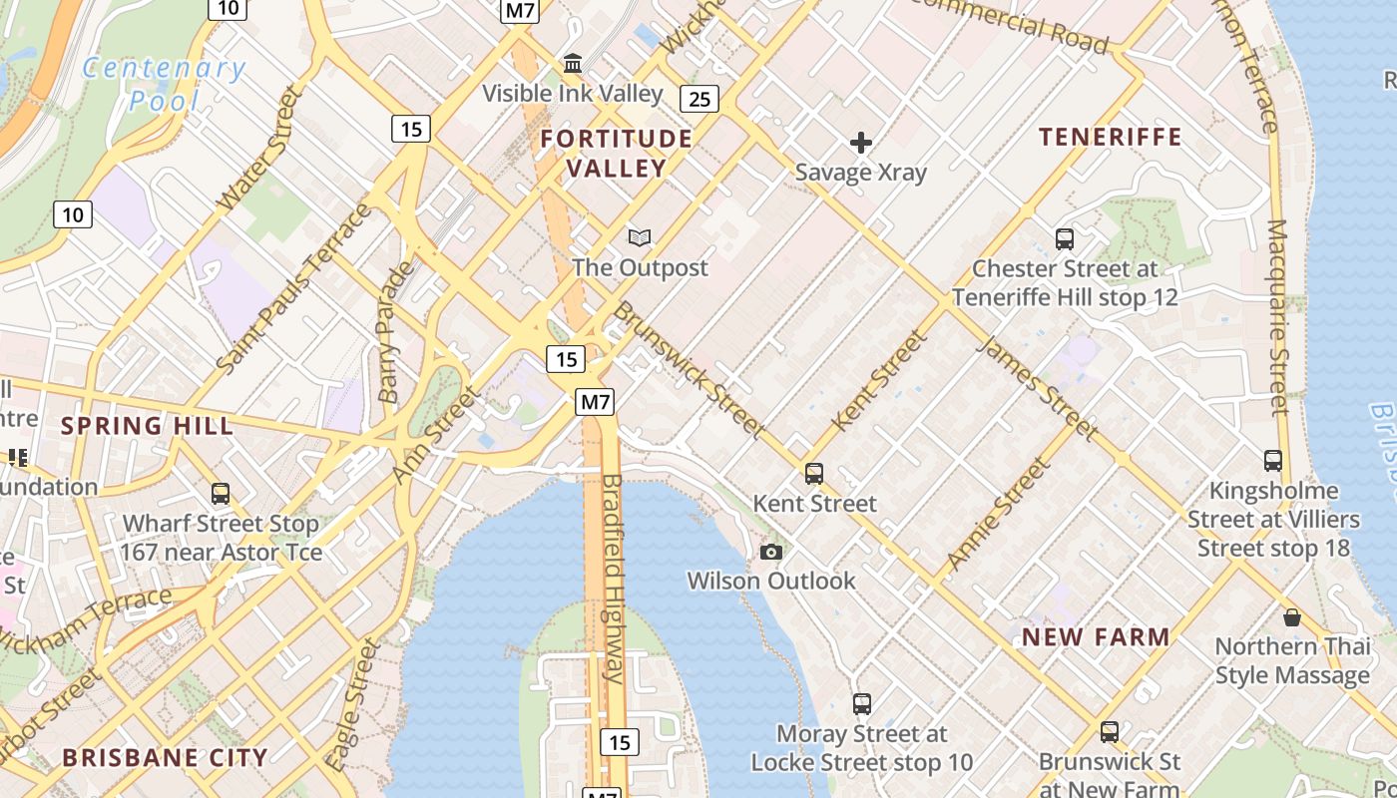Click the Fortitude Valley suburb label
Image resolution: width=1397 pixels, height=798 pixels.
[x=616, y=153]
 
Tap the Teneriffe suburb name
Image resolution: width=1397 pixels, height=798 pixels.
[x=1110, y=137]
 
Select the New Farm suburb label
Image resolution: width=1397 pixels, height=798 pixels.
[x=1095, y=636]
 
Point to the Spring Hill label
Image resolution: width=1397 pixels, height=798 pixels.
[x=147, y=426]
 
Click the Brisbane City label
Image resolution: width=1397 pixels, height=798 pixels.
[x=165, y=757]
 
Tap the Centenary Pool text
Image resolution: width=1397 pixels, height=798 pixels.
[x=164, y=84]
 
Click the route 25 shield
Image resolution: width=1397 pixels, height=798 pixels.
[x=699, y=98]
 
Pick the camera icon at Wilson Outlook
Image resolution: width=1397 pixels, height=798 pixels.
[x=770, y=552]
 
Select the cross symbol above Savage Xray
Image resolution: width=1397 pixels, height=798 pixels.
[x=861, y=143]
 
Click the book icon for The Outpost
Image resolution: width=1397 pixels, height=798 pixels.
[x=640, y=237]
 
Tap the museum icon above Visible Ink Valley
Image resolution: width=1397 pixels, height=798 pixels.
[x=573, y=64]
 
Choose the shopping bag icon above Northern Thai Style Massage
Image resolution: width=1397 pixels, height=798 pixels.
[x=1292, y=617]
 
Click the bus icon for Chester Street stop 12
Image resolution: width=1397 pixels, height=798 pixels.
[x=1065, y=239]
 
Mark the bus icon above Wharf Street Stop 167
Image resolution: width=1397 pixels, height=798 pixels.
[x=221, y=493]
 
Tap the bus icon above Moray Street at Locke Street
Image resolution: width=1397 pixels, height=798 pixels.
[x=862, y=704]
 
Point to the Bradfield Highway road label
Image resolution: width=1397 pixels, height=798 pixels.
[x=612, y=578]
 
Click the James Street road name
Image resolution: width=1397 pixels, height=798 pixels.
[x=1037, y=388]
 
